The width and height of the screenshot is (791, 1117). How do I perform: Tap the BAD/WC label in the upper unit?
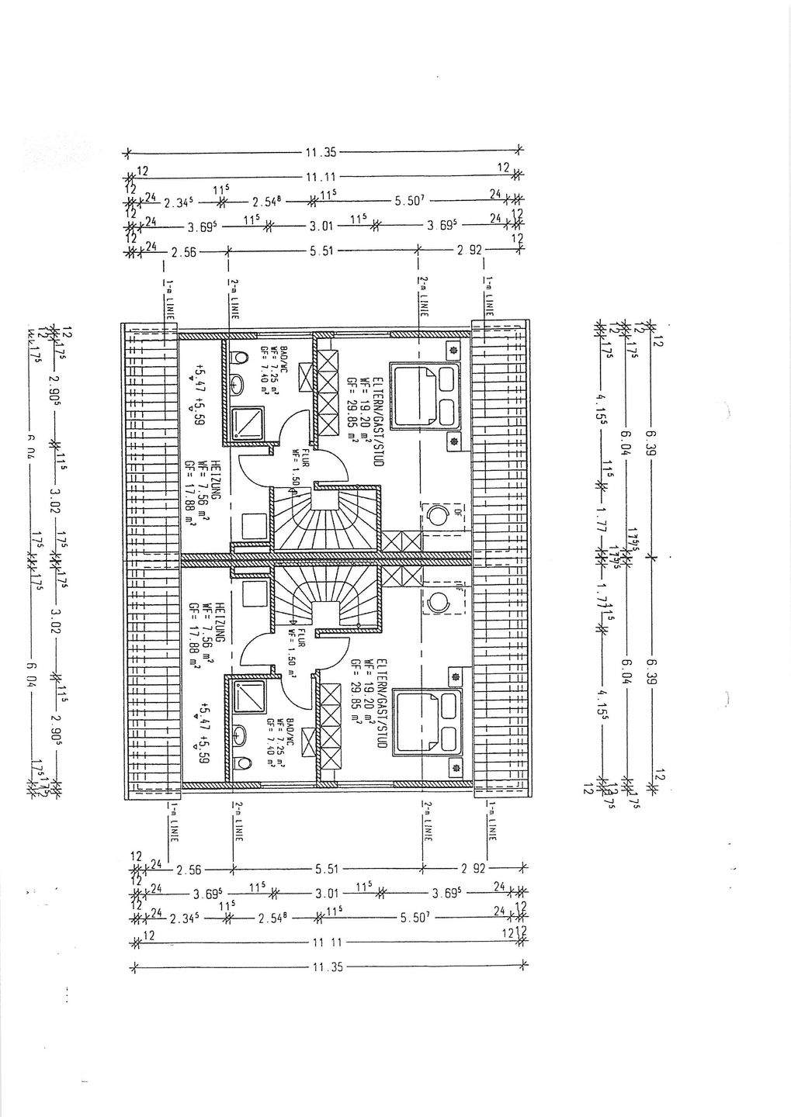[x=285, y=358]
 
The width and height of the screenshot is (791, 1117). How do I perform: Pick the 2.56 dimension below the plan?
[x=189, y=870]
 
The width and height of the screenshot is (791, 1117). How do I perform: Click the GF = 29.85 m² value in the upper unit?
[x=352, y=406]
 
